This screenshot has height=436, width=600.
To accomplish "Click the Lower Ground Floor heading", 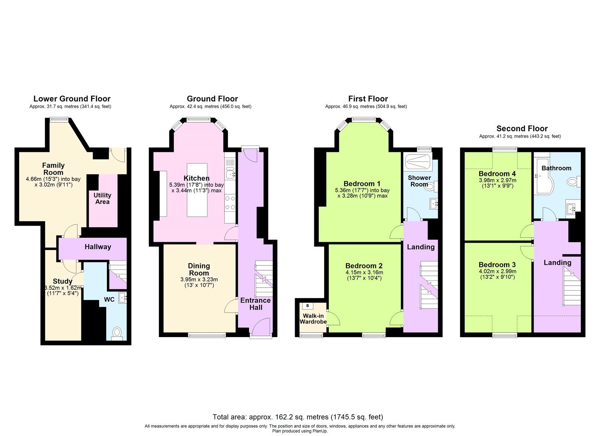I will [72, 99].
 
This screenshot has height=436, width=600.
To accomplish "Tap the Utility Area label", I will [102, 198].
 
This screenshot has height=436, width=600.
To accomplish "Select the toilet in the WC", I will [117, 333].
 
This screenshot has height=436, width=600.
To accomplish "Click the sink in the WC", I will [122, 298].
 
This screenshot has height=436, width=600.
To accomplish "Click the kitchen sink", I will [229, 174].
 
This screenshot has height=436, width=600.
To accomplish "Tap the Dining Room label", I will [199, 269].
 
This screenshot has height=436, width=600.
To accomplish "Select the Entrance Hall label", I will [255, 304].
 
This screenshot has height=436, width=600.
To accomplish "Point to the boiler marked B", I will [307, 306].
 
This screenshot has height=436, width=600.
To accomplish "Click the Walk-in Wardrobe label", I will [313, 319].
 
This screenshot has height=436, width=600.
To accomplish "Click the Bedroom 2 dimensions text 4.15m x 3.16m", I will [364, 273].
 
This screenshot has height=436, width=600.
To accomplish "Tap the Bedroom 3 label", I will [497, 265].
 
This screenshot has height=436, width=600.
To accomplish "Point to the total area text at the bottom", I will [298, 417].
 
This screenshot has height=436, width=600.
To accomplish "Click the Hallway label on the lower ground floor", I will [97, 247].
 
